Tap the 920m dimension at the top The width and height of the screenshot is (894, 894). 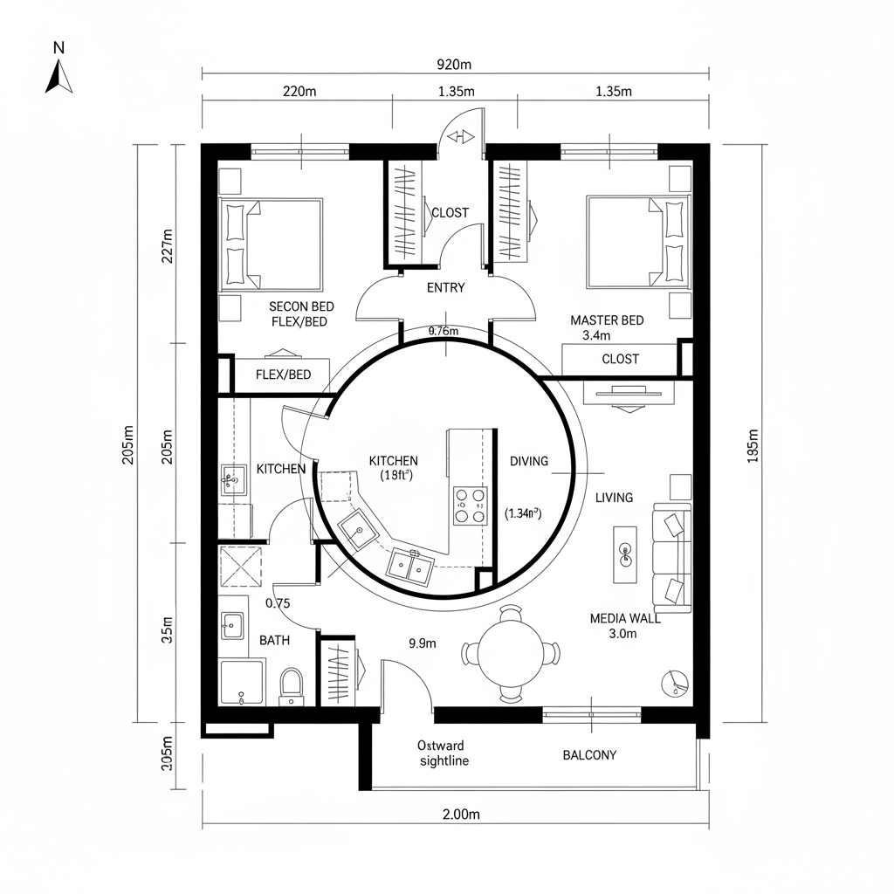(x=453, y=65)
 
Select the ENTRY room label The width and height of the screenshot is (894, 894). (x=445, y=287)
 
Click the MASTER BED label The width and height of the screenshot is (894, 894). (x=607, y=320)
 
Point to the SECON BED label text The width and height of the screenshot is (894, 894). (x=301, y=306)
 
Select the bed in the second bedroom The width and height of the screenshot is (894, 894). (x=271, y=244)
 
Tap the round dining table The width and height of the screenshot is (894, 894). (x=511, y=653)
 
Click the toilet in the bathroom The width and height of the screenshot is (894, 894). (x=291, y=685)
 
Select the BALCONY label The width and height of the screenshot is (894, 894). (x=589, y=755)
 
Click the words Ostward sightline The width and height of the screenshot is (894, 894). (x=443, y=753)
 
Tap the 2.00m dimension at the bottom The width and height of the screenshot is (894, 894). (x=461, y=815)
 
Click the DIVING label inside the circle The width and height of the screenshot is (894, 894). (x=529, y=461)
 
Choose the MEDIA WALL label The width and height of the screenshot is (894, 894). (x=624, y=618)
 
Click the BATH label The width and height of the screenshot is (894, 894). (x=274, y=640)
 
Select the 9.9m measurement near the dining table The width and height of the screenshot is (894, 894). (x=423, y=643)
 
